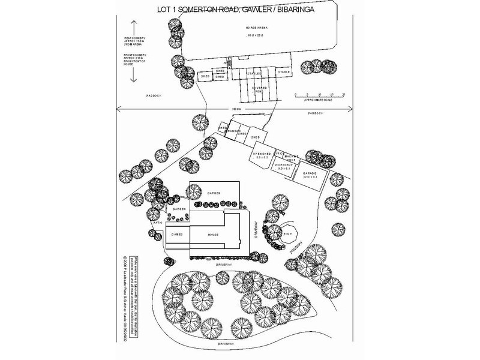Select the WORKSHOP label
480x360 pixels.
click(283, 164)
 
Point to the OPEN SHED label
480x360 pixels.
click(262, 154)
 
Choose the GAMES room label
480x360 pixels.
click(177, 235)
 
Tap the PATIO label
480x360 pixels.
click(158, 222)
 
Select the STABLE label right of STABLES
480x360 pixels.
click(283, 72)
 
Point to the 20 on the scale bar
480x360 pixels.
click(343, 94)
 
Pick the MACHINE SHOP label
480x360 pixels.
click(290, 157)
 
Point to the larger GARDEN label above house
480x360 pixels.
click(214, 193)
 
